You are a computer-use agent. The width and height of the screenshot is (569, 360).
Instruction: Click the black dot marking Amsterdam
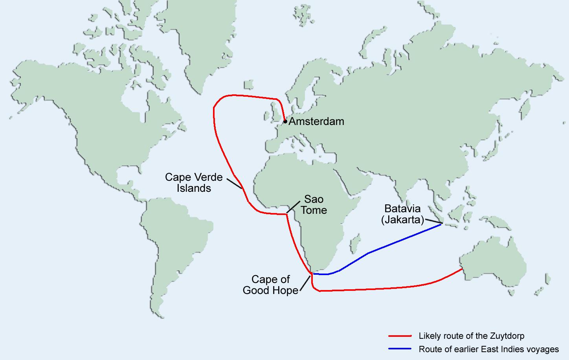[x=285, y=122]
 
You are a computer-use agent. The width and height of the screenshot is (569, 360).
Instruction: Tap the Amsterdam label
[x=316, y=121]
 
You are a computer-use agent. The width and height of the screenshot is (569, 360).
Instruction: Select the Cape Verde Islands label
[x=194, y=183]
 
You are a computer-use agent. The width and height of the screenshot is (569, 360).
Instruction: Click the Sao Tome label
[x=314, y=204]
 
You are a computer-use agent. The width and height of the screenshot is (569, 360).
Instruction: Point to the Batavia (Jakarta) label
[x=402, y=214]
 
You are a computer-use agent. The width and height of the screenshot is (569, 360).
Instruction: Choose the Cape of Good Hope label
[x=271, y=285]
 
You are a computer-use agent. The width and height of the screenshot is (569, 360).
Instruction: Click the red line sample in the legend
[x=400, y=336]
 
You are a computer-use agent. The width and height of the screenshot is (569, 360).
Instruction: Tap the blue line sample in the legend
[x=400, y=349]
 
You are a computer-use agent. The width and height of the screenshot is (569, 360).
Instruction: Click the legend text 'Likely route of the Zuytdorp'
[x=472, y=336]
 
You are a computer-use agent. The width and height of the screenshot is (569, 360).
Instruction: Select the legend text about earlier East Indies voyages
[x=489, y=349]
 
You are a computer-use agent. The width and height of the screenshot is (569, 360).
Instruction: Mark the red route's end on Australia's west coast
[x=462, y=269]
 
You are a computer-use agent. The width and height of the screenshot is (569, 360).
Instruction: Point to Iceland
[x=248, y=85]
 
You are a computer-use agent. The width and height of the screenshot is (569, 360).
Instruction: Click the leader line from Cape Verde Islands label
[x=235, y=184]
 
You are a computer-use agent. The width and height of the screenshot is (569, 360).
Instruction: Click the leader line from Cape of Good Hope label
[x=305, y=282]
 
